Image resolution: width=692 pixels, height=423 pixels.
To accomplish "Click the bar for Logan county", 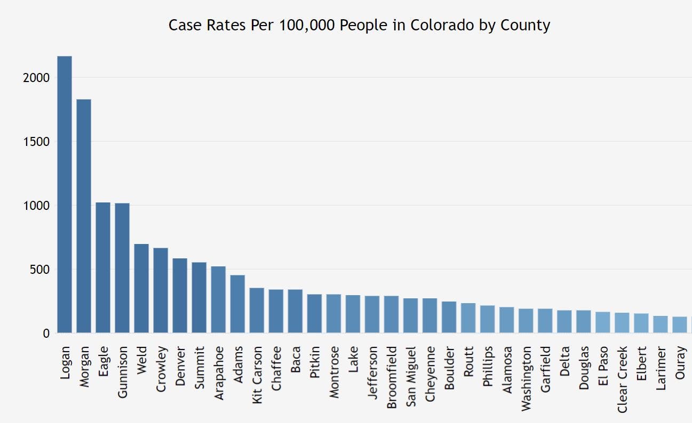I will coord(65,194).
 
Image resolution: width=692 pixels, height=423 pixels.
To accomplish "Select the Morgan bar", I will coord(84,216).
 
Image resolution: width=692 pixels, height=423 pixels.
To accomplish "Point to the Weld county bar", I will coord(141,288).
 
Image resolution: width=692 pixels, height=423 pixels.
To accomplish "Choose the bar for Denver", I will coord(180,296).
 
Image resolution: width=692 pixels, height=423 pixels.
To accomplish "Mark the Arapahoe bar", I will coord(218,299).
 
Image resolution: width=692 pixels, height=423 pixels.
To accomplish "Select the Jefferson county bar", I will coord(372,314).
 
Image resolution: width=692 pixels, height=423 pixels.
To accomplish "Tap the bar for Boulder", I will coord(449,317).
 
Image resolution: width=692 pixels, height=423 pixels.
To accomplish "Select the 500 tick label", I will coord(40,270).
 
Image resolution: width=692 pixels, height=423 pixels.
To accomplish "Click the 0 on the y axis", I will coord(46,333).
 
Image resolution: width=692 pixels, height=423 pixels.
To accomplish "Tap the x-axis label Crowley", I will coord(161,369).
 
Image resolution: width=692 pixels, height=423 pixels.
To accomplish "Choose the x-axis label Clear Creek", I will coord(622,379).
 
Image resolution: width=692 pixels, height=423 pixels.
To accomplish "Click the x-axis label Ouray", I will coord(680,364).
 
